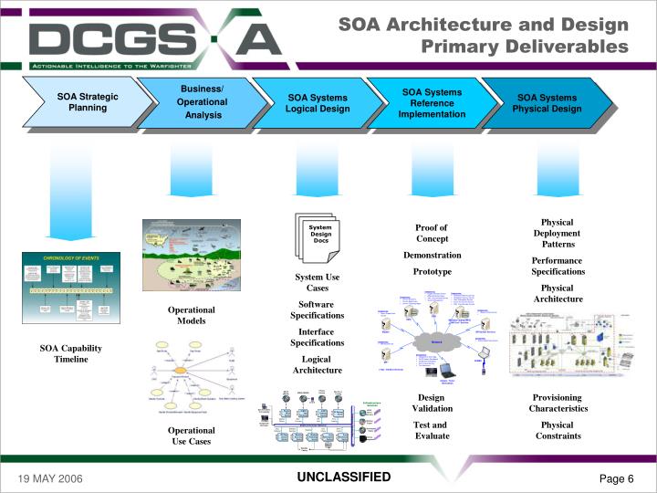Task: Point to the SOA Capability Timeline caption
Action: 71,353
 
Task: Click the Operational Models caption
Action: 192,315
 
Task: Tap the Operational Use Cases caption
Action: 192,435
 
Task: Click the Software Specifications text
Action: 317,309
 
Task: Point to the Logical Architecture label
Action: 317,364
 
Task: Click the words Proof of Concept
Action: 432,233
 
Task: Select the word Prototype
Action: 432,271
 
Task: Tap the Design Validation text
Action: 432,403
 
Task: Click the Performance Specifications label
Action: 558,266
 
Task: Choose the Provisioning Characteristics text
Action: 558,403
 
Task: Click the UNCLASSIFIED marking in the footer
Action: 343,477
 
